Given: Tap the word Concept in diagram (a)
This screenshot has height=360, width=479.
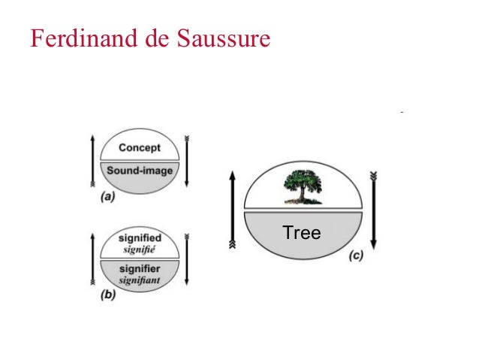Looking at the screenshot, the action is click(x=140, y=148).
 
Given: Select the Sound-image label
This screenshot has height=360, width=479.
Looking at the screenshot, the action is click(x=140, y=171).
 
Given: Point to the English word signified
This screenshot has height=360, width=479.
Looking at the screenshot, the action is click(x=140, y=238).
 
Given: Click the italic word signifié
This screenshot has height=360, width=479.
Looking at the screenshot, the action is click(x=140, y=250).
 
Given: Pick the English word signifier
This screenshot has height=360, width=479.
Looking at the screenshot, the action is click(x=140, y=268).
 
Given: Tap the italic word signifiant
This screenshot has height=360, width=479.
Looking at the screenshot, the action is click(x=140, y=280).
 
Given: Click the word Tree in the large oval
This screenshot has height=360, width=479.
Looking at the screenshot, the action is click(x=302, y=233).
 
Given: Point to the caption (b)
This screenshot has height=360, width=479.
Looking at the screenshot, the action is click(x=107, y=295).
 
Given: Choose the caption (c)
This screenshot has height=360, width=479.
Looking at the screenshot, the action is click(x=356, y=256).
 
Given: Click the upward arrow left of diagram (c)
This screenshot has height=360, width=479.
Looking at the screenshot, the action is click(x=233, y=210).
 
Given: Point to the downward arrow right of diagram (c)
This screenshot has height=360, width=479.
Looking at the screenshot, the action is click(x=373, y=210).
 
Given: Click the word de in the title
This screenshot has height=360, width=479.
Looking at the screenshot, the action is click(x=152, y=38).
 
